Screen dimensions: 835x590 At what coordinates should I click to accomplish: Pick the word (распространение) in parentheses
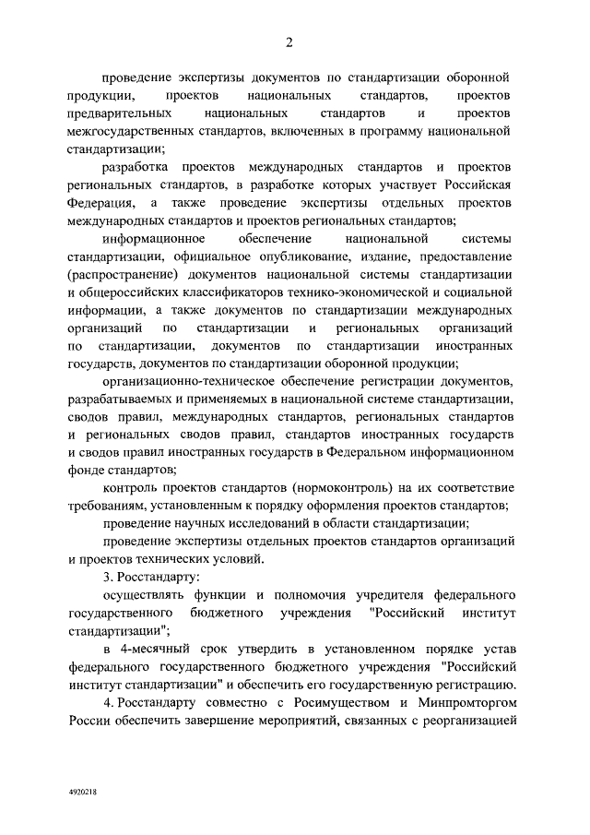[124, 276]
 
